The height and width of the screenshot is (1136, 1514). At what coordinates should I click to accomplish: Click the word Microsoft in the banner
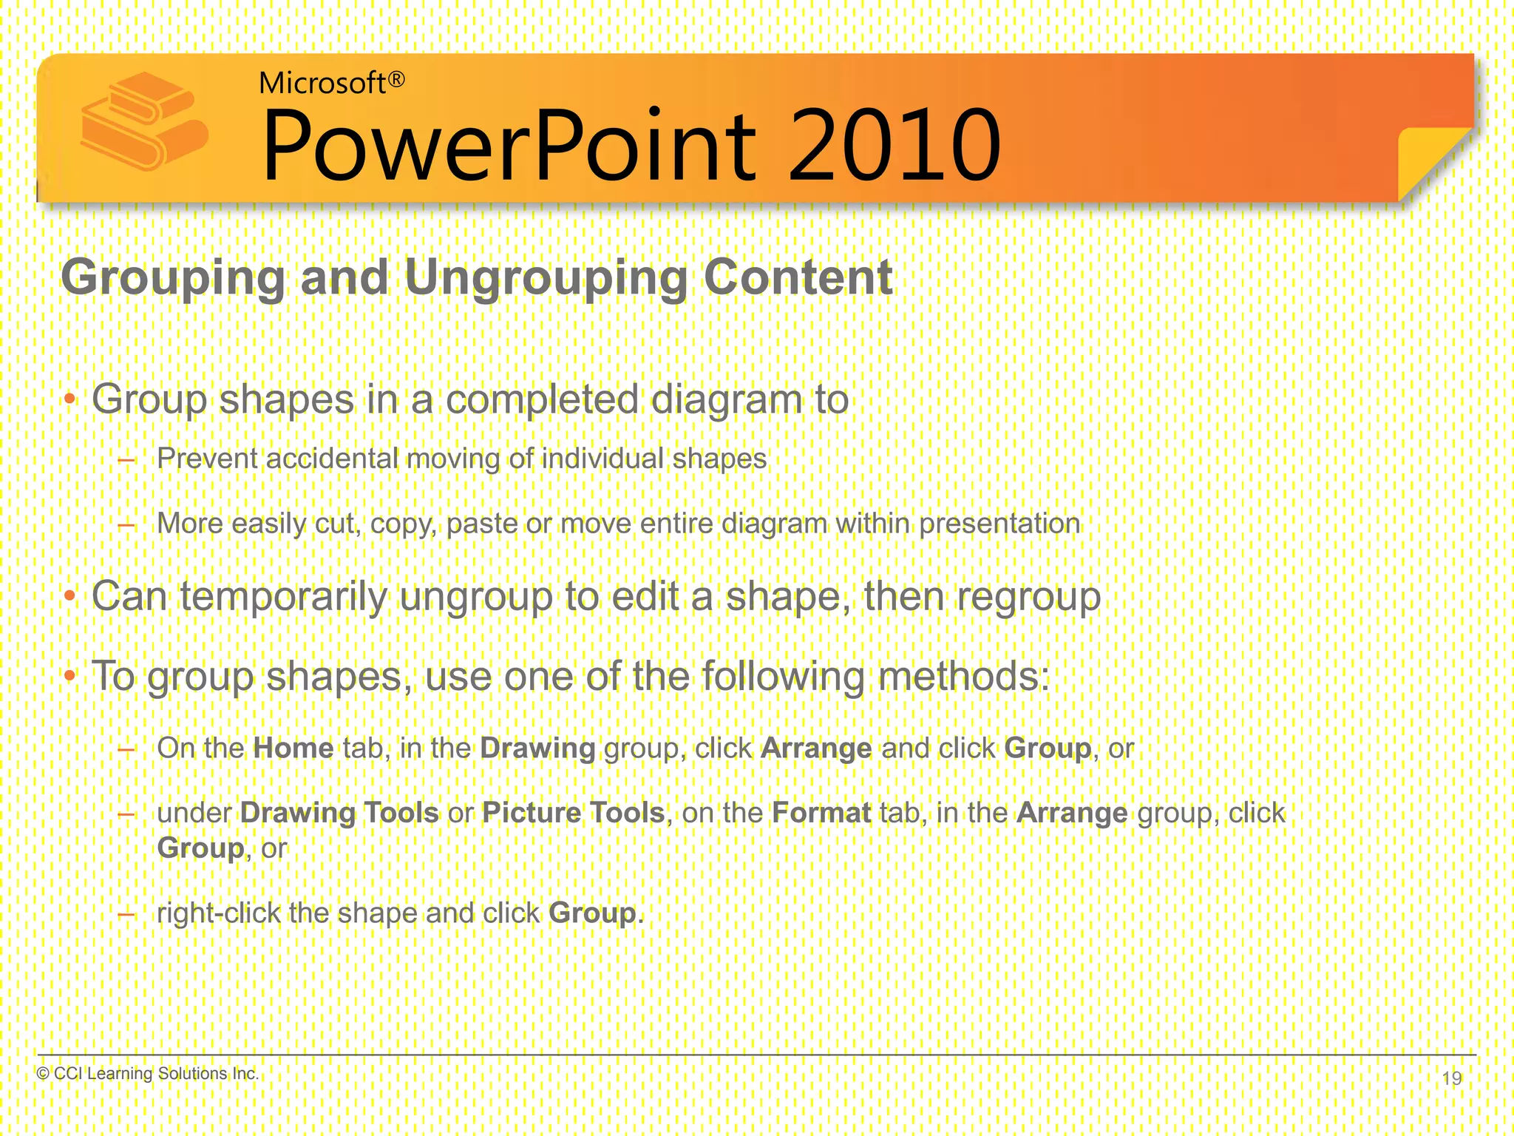click(x=322, y=84)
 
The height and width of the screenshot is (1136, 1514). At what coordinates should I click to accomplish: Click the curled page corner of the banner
click(x=1430, y=159)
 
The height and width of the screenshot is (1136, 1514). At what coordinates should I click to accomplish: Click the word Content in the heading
click(x=798, y=278)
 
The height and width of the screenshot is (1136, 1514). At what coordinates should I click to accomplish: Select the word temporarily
click(x=283, y=597)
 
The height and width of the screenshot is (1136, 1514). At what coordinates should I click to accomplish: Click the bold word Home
click(x=293, y=748)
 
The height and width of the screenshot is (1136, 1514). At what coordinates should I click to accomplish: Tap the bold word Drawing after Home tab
click(x=537, y=748)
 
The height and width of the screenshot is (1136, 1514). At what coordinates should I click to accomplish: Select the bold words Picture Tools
click(x=573, y=814)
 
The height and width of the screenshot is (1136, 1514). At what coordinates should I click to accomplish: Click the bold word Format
click(x=821, y=814)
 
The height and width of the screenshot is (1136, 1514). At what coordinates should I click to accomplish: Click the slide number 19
click(x=1451, y=1078)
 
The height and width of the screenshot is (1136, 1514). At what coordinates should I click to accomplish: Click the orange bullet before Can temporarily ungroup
click(x=69, y=596)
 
